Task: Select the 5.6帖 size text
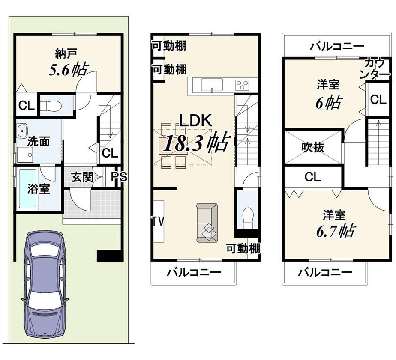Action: (x=69, y=70)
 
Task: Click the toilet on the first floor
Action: (x=50, y=106)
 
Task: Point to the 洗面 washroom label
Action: (x=39, y=142)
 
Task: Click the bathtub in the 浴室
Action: (x=27, y=189)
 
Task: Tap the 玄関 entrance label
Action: (x=82, y=177)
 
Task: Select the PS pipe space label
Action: (x=119, y=177)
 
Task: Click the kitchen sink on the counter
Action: (x=212, y=84)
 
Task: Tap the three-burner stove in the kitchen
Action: (x=242, y=85)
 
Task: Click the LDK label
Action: (x=195, y=121)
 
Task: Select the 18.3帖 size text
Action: (x=197, y=143)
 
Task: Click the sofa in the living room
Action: (x=207, y=223)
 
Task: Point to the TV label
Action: (x=158, y=222)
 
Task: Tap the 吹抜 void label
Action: (x=313, y=147)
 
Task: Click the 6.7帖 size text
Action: (x=336, y=231)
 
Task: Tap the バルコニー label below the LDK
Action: (x=194, y=272)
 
